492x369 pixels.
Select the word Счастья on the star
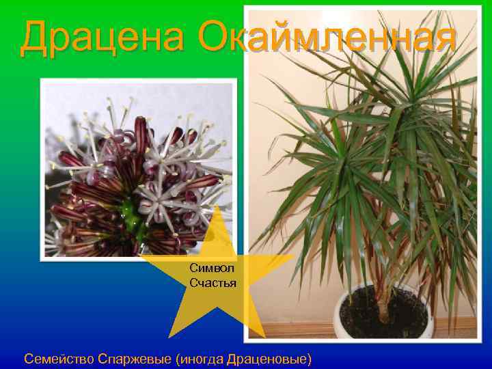[x=213, y=282]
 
